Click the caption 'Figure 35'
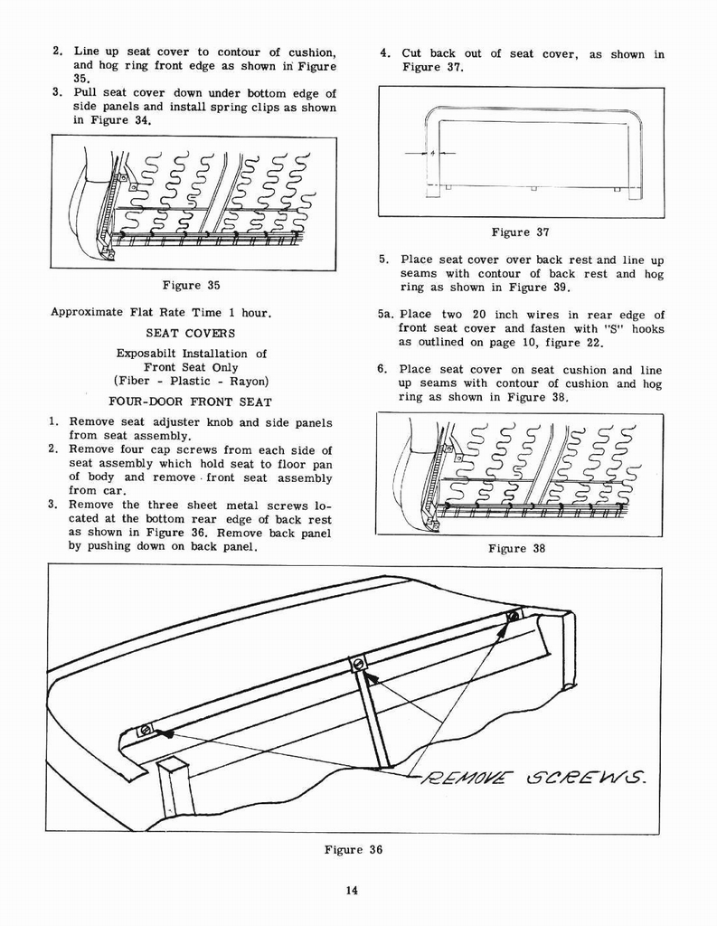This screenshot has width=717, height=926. click(x=193, y=286)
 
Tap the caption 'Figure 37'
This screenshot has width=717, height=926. click(x=521, y=232)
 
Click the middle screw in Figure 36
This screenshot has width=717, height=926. click(x=358, y=664)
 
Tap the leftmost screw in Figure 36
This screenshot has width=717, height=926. click(x=145, y=730)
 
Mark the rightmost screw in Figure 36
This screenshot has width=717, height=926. click(x=513, y=616)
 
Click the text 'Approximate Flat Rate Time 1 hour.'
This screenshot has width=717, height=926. click(x=161, y=313)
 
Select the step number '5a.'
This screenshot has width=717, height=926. click(x=386, y=316)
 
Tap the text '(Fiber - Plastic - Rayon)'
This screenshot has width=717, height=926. click(x=191, y=381)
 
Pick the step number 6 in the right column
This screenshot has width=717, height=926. click(x=383, y=370)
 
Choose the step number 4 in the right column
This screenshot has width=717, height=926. click(x=384, y=54)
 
